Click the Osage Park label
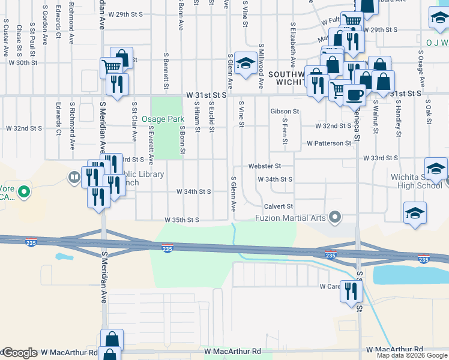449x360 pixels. pyautogui.click(x=163, y=119)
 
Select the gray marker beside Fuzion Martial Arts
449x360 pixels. pyautogui.click(x=336, y=217)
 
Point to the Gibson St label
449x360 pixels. pyautogui.click(x=285, y=112)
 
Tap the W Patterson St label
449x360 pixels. pyautogui.click(x=328, y=143)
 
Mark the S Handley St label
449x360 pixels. pyautogui.click(x=397, y=118)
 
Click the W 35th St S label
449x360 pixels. pyautogui.click(x=182, y=220)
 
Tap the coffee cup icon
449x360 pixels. pyautogui.click(x=354, y=94)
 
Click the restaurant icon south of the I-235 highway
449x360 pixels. pyautogui.click(x=351, y=291)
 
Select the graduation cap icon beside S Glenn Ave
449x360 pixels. pyautogui.click(x=245, y=63)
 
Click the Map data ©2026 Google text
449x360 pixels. pyautogui.click(x=412, y=356)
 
